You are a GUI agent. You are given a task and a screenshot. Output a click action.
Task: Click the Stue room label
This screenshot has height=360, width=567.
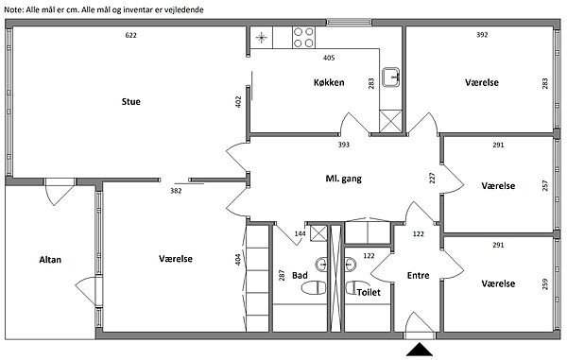pos(131,101)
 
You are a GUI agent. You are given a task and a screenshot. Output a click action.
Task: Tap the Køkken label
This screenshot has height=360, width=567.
pos(329,82)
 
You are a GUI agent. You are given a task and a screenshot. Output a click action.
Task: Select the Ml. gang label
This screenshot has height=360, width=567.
pos(343,179)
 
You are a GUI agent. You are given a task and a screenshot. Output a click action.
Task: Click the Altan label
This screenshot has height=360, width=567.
pos(50,260)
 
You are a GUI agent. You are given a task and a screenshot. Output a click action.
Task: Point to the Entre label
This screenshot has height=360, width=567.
pos(418,275)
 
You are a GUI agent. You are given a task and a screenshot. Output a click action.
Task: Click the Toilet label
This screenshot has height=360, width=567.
pos(369,292)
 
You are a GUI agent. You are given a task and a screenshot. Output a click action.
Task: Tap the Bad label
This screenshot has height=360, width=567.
pos(300,275)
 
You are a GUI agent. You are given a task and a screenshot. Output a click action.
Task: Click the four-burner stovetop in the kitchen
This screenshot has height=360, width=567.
pos(303,38)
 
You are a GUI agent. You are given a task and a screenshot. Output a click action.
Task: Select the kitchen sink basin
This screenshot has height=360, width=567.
pos(391,77)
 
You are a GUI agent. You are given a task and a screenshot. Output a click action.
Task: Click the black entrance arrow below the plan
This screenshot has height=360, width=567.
pos(420,350)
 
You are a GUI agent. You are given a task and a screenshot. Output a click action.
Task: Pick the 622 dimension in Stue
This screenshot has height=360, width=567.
pos(131,35)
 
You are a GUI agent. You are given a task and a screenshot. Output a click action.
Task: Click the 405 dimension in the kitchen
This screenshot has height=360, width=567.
pos(329,58)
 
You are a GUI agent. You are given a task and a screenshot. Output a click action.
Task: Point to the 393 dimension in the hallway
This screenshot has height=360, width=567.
pos(344,145)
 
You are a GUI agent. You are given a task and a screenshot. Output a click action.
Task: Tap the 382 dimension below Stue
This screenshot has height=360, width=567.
pos(176,191)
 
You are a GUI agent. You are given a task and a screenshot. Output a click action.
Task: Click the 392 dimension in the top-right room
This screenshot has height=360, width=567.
pos(482,35)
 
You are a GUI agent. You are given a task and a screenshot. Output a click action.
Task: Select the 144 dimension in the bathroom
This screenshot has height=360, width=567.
pos(300,233)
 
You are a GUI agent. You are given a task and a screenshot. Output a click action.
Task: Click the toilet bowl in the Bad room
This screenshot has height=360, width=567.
pos(314,287)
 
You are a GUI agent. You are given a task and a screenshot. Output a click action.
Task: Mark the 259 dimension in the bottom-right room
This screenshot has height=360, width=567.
pos(545,283)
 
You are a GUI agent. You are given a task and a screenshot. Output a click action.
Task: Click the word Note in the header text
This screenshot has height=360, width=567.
pos(13,9)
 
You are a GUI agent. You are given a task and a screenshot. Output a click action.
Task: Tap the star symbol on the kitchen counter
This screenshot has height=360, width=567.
pos(261,38)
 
